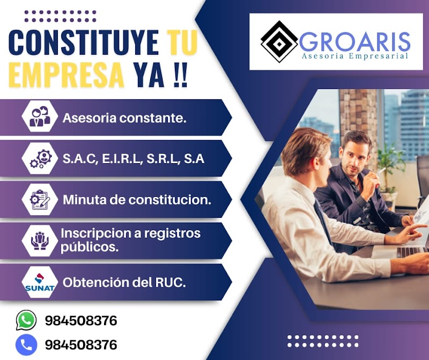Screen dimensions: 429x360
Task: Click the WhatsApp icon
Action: (x=26, y=320)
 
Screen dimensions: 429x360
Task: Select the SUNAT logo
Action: (x=40, y=282)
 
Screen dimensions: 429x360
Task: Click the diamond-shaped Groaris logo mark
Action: (x=279, y=42)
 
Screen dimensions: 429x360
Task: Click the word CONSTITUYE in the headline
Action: (x=84, y=42)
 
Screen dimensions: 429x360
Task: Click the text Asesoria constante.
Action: (x=124, y=118)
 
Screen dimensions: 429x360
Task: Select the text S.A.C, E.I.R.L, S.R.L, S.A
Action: (x=134, y=159)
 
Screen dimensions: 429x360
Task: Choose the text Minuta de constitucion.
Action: (x=137, y=200)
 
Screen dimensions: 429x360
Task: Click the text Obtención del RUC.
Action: (x=124, y=282)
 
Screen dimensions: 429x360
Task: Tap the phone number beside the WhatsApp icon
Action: (x=81, y=321)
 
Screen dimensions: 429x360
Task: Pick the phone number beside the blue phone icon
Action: (x=81, y=345)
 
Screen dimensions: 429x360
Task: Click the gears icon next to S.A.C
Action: (x=41, y=159)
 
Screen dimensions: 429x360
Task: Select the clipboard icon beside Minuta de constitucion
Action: (x=40, y=200)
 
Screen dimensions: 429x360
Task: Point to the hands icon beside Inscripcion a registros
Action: (x=40, y=241)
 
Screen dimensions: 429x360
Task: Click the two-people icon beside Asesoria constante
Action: (x=40, y=116)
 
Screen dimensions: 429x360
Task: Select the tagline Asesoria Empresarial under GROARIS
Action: (x=354, y=56)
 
